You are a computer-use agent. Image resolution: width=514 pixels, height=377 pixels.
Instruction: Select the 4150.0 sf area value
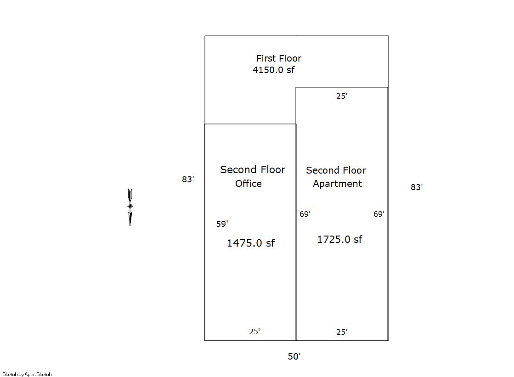coord(273,70)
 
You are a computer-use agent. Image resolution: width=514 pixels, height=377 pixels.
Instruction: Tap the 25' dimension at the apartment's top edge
coord(342,96)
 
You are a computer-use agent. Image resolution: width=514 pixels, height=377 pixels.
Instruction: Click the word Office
coord(249,184)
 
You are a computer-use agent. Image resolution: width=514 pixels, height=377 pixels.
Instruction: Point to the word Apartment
coord(337,184)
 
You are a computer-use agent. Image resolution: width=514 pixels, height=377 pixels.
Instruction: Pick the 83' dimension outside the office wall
coord(188,180)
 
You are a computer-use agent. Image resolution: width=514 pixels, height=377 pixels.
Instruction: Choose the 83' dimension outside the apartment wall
coord(417,187)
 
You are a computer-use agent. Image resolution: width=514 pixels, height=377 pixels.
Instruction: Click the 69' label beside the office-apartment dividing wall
coord(305,214)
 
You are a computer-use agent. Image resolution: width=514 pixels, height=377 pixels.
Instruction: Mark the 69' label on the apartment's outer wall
coord(379,214)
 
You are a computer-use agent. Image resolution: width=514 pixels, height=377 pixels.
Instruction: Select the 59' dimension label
coord(222,224)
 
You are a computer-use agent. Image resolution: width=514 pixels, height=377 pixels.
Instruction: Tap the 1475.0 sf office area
coord(251,243)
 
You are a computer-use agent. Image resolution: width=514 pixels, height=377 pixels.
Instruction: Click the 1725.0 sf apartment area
coord(339,239)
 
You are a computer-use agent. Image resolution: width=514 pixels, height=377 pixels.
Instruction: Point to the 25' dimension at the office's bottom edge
coord(254,332)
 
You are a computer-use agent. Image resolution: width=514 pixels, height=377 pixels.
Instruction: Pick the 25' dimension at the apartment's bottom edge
coord(342,332)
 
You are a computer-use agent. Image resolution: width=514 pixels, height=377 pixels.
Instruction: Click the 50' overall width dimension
coord(294,356)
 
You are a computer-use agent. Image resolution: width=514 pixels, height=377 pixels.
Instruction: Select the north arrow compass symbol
coord(130,207)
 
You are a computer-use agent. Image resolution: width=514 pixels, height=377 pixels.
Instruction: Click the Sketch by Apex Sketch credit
coord(27,374)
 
